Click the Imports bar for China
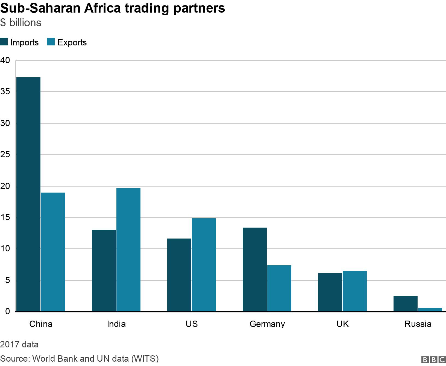click(x=28, y=194)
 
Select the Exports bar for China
click(x=53, y=252)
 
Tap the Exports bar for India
click(x=128, y=250)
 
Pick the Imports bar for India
click(x=104, y=271)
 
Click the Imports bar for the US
click(x=179, y=275)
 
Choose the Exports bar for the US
click(x=204, y=265)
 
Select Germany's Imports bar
click(x=255, y=269)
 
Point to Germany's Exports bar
click(x=279, y=288)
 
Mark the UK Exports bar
click(x=355, y=291)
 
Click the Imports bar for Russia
click(x=406, y=304)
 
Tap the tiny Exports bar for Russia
click(x=430, y=310)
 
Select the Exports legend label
click(x=72, y=43)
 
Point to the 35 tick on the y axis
click(x=5, y=92)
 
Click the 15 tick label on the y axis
click(x=5, y=218)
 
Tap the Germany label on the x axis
click(x=267, y=324)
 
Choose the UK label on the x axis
click(x=343, y=324)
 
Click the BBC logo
click(x=433, y=359)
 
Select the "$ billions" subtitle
click(x=21, y=23)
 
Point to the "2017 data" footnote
click(x=19, y=344)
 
